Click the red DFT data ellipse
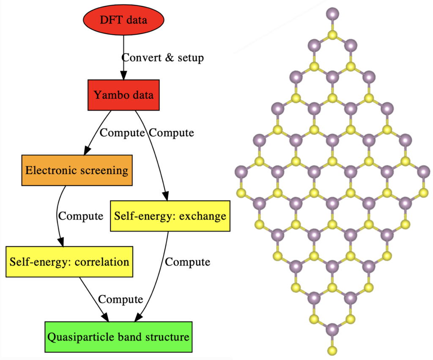tap(123, 19)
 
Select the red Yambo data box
tap(123, 95)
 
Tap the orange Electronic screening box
tap(77, 170)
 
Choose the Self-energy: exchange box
tap(170, 216)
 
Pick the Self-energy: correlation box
tap(70, 261)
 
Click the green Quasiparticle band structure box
tap(118, 337)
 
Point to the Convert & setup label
tap(163, 57)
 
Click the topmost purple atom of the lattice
tap(332, 14)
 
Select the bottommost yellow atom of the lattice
tap(332, 350)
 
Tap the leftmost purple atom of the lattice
tap(241, 172)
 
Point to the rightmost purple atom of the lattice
tap(423, 172)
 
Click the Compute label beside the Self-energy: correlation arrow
tap(121, 300)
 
